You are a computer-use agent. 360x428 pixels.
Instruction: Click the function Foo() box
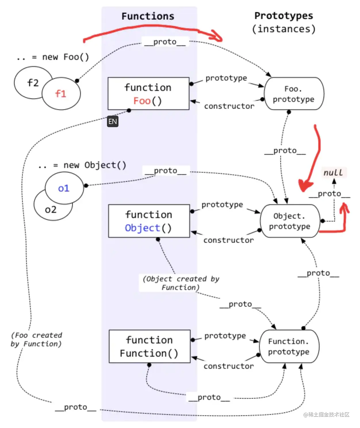(148, 93)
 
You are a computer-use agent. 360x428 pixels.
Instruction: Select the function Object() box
(149, 221)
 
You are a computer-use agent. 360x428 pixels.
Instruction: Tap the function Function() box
(150, 346)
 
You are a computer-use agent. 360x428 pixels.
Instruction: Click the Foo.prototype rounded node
(294, 94)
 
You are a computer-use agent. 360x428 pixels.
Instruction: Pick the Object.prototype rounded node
(290, 221)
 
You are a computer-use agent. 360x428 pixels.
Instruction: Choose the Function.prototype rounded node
(289, 347)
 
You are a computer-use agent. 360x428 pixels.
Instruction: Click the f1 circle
(61, 94)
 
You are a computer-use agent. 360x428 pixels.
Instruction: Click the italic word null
(333, 173)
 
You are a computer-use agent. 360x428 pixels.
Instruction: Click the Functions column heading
(148, 16)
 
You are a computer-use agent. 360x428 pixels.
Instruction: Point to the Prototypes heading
(284, 16)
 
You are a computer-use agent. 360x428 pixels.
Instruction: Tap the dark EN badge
(113, 121)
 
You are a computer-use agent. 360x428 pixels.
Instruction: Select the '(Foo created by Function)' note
(36, 339)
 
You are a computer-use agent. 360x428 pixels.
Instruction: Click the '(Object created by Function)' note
(181, 283)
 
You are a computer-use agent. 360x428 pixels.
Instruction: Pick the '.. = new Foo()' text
(53, 57)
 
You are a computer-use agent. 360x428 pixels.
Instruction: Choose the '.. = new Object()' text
(82, 165)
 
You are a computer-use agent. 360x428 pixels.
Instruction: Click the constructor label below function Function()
(229, 366)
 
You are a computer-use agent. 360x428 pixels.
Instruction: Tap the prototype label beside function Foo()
(226, 78)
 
